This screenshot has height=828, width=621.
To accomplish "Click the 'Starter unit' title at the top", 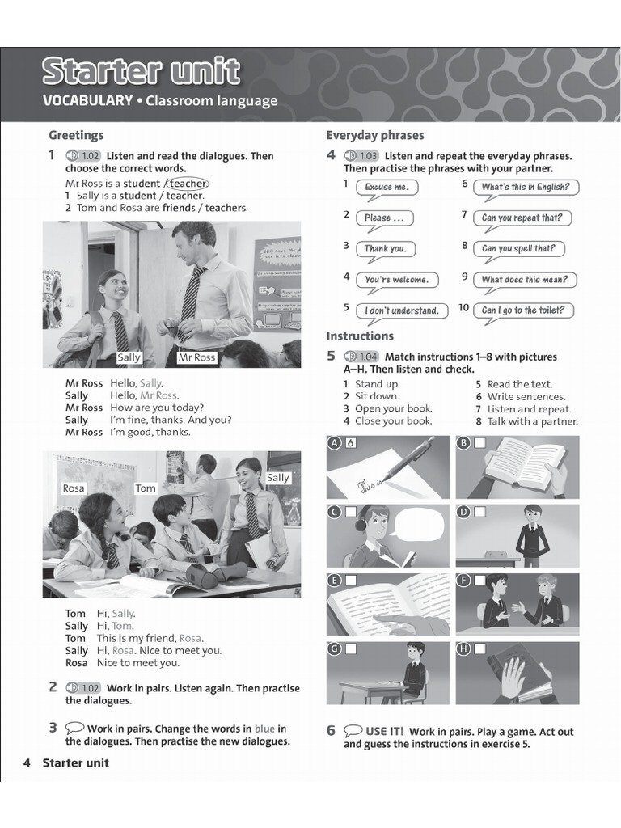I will point(142,72).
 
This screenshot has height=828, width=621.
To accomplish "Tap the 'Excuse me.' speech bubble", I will point(387,188).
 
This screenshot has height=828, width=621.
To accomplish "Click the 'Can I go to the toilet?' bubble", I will point(523,310).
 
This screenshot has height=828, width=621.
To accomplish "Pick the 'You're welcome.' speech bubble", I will point(396,280).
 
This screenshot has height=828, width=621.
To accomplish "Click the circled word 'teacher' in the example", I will point(188,184).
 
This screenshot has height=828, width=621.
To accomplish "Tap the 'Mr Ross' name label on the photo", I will point(196,357).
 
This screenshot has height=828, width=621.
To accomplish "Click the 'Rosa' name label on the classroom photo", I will point(74,488).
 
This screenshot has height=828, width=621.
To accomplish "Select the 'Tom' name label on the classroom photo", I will point(146,488).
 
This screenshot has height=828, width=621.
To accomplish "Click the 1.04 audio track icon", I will point(361,357).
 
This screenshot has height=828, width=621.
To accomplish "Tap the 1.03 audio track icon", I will point(361,156).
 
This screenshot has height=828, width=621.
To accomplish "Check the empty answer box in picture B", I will point(479,443).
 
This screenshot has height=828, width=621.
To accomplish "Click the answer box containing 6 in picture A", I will point(350,443).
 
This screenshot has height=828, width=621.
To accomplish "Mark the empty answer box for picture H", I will point(479,648).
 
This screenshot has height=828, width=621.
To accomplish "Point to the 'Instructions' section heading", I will point(360,336).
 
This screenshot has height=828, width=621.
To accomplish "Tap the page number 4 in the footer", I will point(27,763).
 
